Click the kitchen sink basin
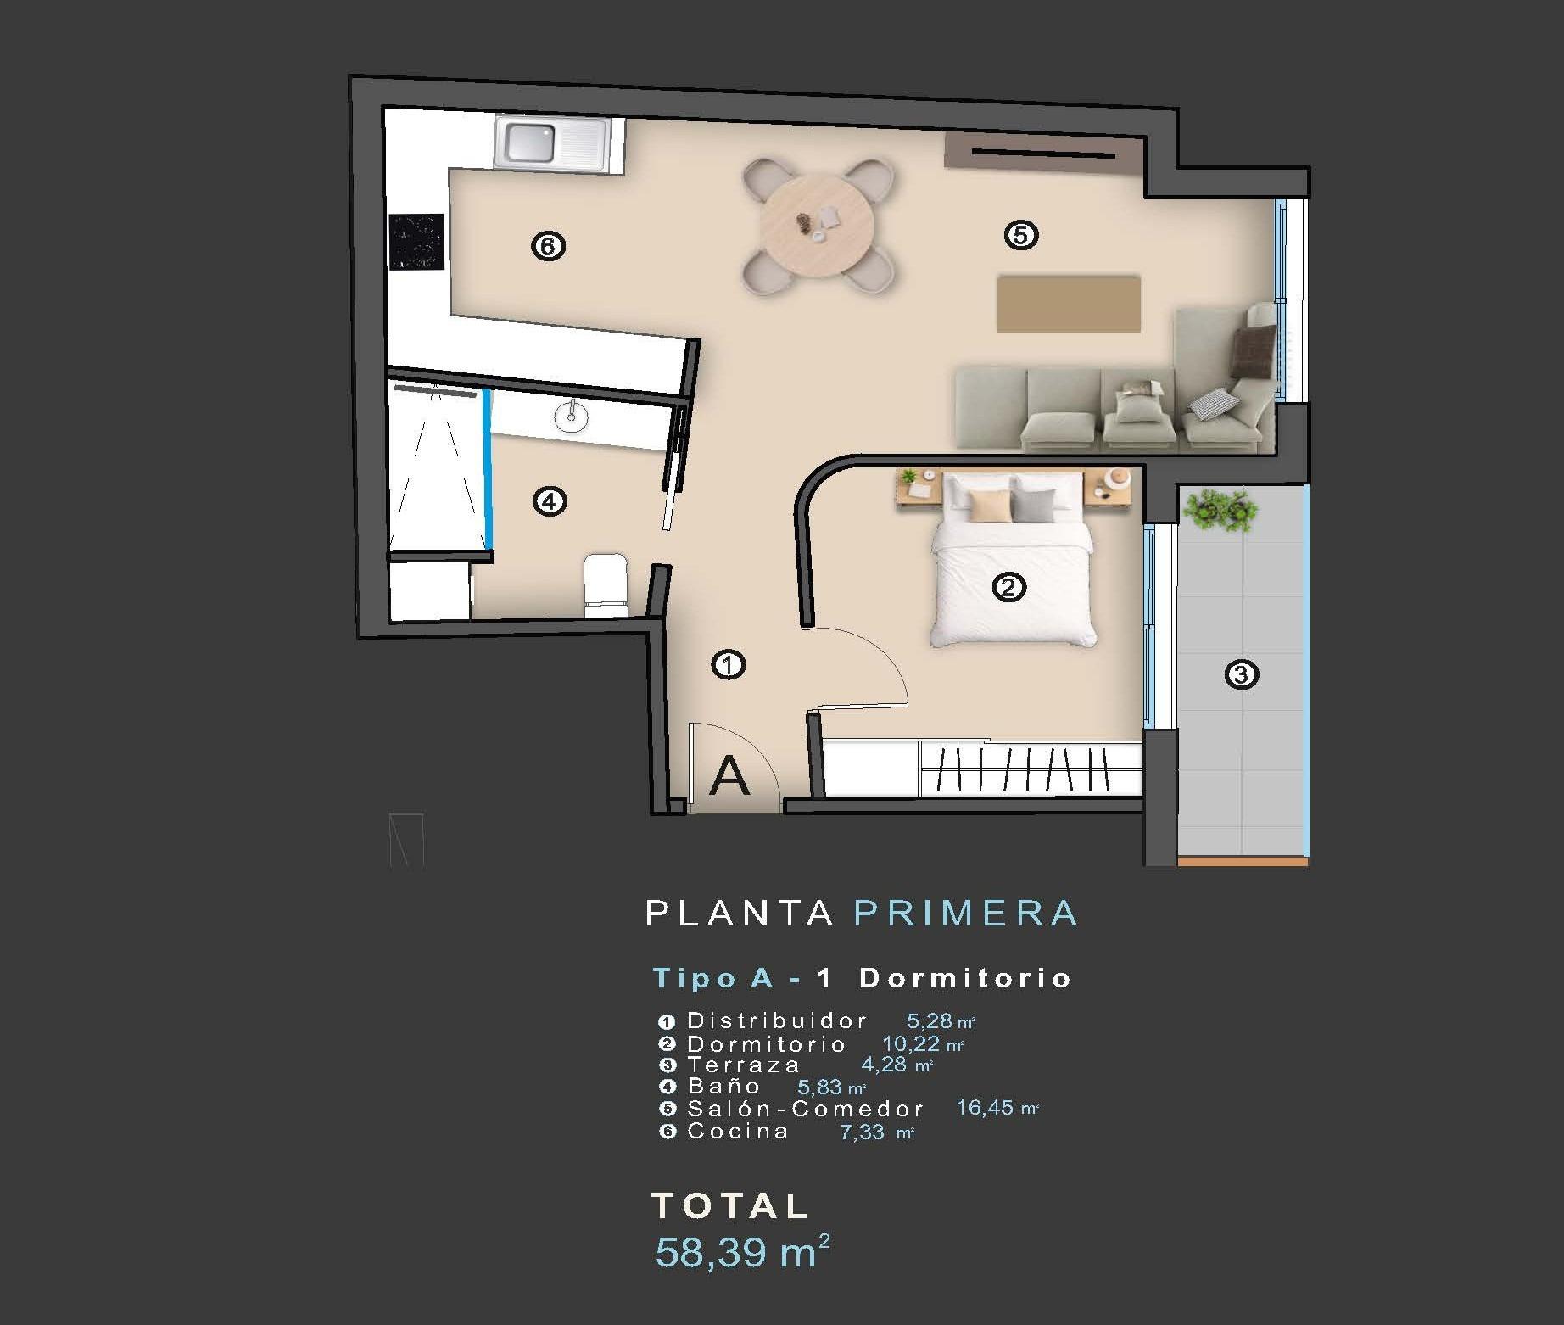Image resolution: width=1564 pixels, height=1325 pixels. [530, 143]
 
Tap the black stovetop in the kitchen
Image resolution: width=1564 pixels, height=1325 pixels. [416, 241]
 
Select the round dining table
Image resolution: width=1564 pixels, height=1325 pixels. [816, 226]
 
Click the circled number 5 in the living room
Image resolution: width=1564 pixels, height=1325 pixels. [1020, 234]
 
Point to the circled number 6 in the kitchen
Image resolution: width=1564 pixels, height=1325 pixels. [548, 246]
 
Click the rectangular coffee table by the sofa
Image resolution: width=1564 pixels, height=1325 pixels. [1068, 303]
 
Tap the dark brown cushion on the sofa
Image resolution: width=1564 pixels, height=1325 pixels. [1253, 349]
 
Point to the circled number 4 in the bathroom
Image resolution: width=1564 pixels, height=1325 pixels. [549, 501]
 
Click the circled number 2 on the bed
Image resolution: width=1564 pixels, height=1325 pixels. [1008, 586]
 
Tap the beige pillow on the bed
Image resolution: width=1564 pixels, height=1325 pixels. [991, 506]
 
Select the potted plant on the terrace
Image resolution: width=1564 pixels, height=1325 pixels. [1220, 510]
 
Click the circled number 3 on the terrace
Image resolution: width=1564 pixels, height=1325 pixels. [1242, 674]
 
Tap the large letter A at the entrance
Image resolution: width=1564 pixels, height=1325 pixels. [729, 775]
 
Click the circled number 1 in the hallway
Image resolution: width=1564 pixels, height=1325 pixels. [728, 664]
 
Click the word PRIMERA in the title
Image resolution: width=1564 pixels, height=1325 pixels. [966, 914]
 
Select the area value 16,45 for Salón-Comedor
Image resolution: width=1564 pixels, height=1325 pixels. [985, 1108]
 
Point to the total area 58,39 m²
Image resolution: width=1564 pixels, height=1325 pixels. [741, 1251]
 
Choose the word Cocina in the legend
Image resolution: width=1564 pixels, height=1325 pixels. [738, 1131]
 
